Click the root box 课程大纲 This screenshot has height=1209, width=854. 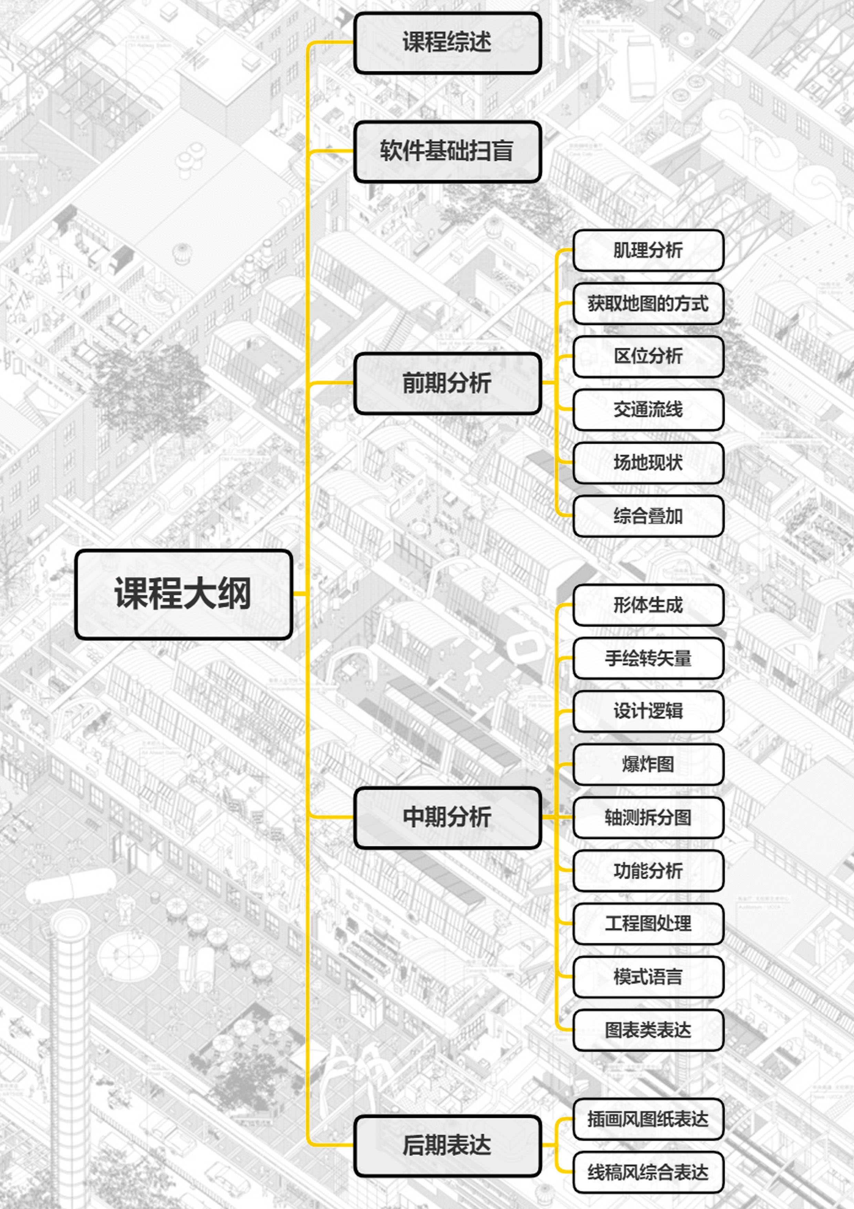coord(184,594)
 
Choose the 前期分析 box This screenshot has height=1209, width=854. coord(447,383)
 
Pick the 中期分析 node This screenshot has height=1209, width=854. coord(447,817)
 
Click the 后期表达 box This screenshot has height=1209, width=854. coord(447,1145)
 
